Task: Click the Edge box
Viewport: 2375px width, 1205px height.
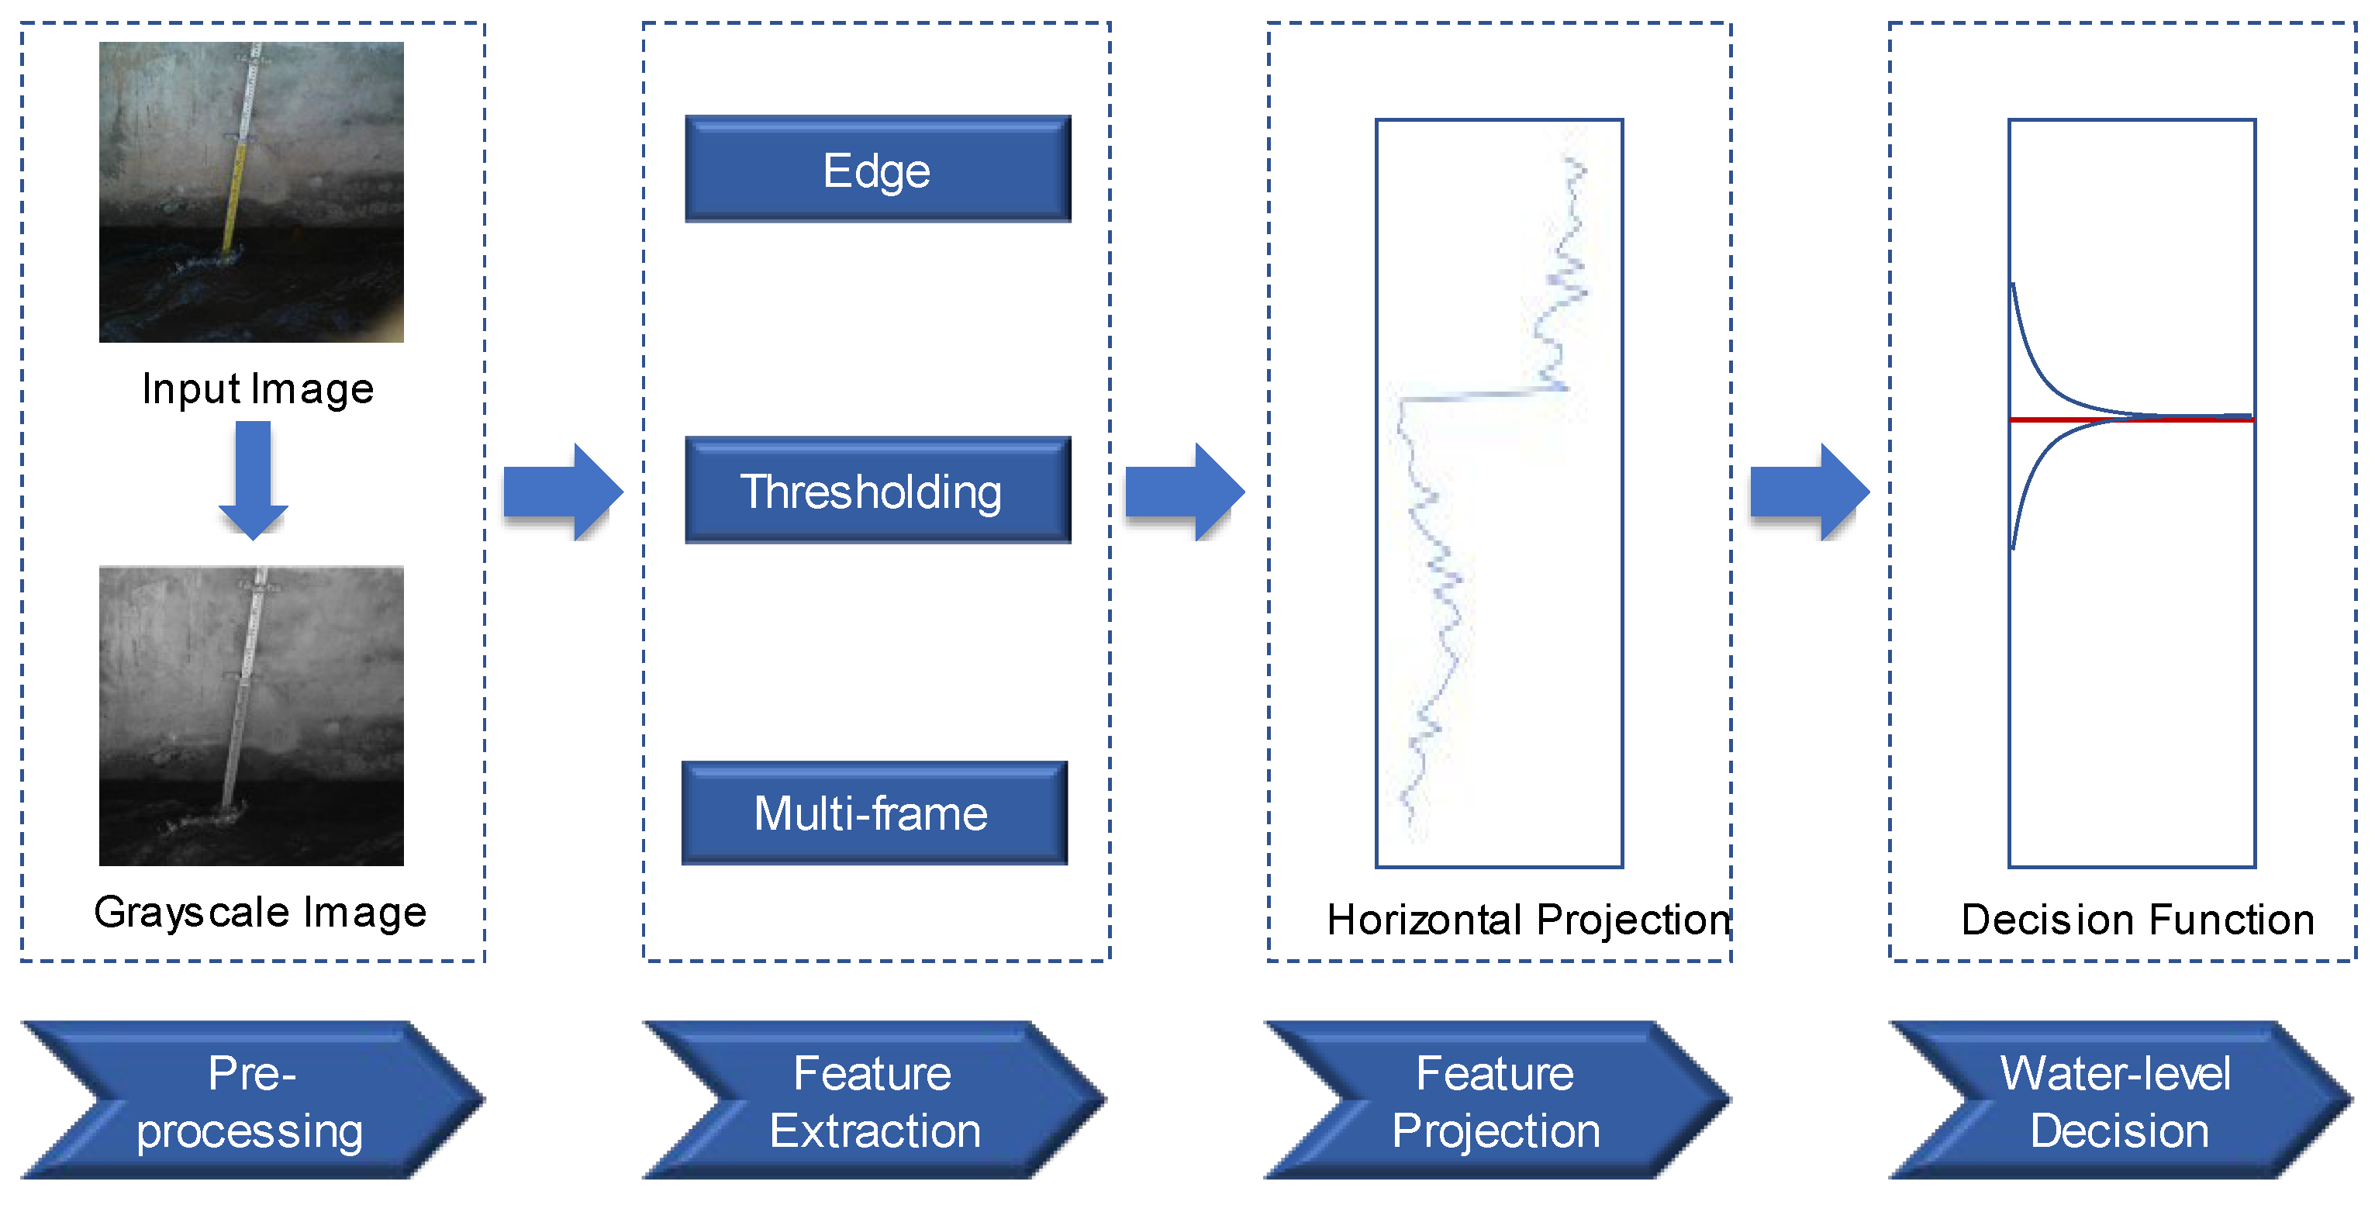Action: pos(877,170)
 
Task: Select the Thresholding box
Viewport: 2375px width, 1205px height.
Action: pos(877,491)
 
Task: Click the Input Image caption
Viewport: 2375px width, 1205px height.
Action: pos(257,389)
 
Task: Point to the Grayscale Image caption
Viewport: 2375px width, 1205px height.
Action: pos(260,913)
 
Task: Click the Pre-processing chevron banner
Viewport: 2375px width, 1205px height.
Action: pos(250,1100)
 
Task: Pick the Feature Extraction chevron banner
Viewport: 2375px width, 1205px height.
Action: pos(874,1100)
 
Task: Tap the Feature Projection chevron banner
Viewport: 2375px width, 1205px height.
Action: pos(1496,1100)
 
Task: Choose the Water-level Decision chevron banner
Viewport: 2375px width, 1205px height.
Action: pos(2118,1100)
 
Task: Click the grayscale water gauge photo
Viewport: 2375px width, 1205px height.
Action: pos(250,716)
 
